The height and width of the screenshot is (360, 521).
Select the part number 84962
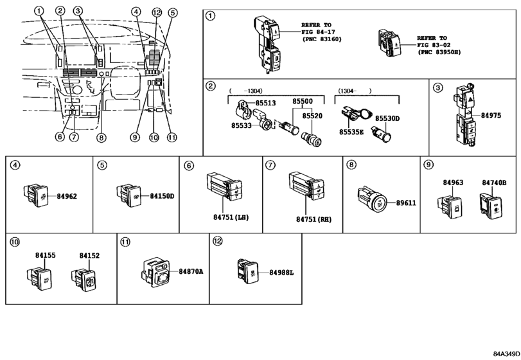click(x=67, y=195)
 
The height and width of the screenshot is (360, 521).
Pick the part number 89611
click(x=405, y=203)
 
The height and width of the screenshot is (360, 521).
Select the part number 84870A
click(x=191, y=272)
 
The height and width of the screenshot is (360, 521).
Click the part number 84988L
click(x=281, y=272)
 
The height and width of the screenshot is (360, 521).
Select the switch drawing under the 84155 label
click(x=40, y=278)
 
